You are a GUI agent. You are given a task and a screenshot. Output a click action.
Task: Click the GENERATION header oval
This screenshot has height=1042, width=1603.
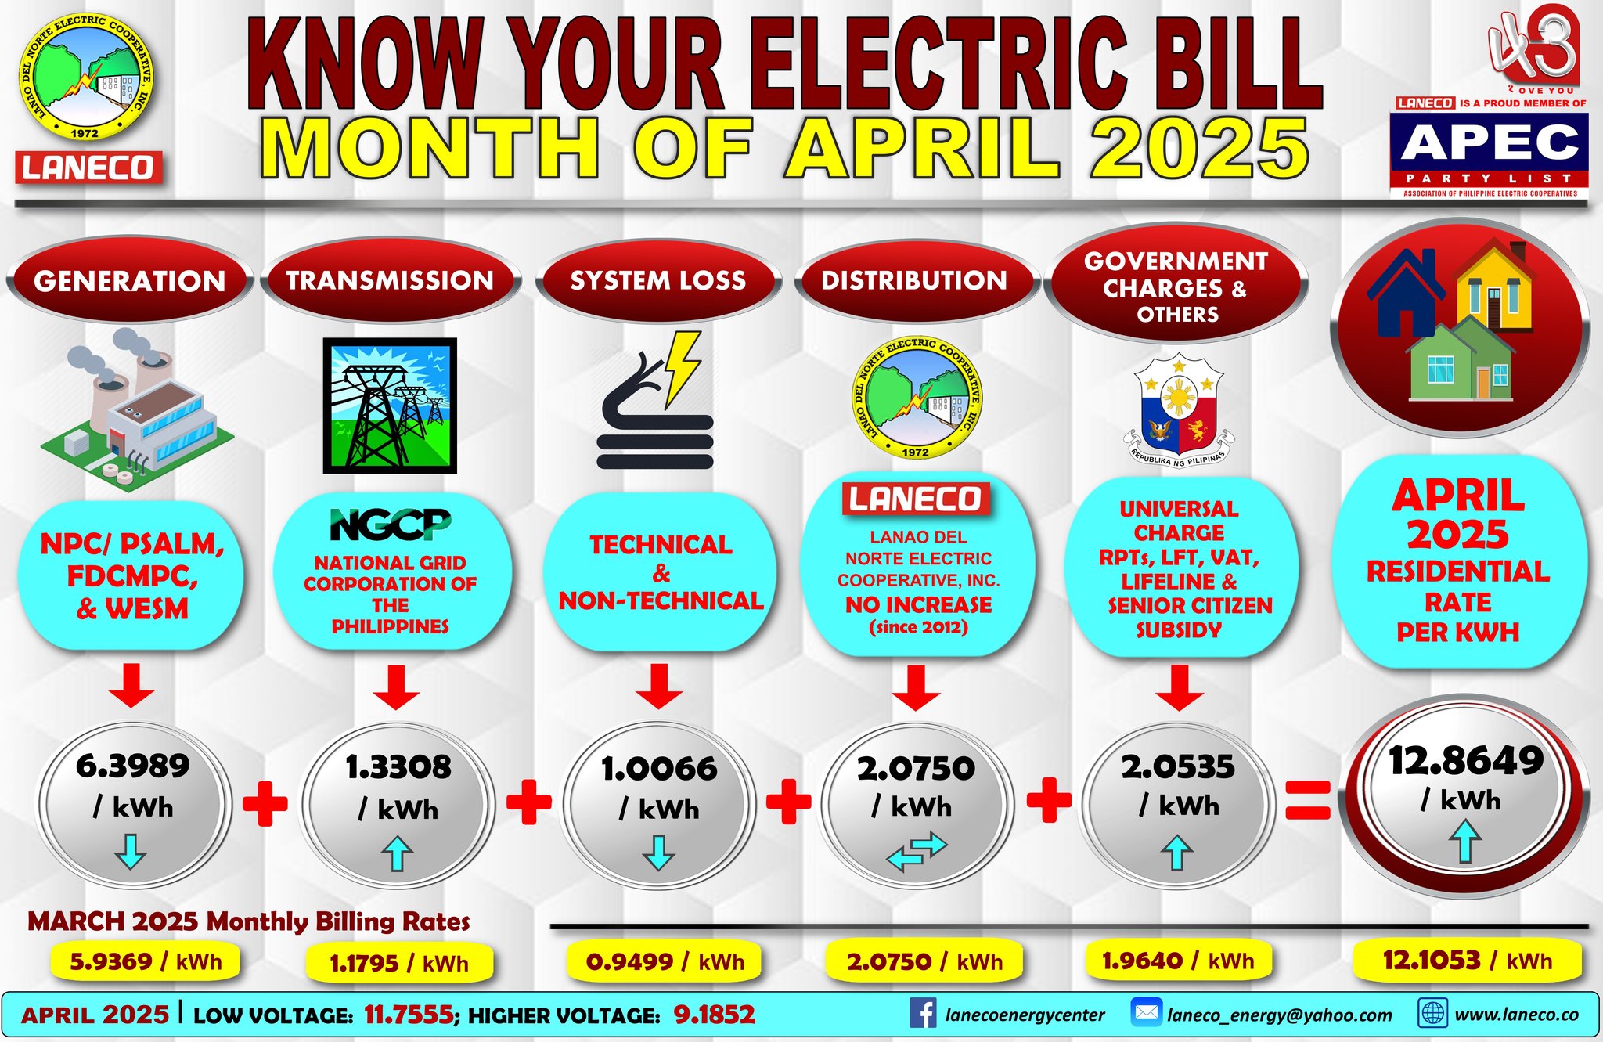tap(130, 280)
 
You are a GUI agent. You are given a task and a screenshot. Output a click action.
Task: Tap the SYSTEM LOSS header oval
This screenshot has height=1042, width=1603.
tap(658, 280)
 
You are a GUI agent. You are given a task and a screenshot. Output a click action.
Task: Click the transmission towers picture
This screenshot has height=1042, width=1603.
tap(390, 406)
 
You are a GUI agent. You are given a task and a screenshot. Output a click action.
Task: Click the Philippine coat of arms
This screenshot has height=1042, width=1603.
tap(1179, 410)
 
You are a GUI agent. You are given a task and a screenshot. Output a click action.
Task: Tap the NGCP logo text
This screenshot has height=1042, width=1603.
tap(391, 524)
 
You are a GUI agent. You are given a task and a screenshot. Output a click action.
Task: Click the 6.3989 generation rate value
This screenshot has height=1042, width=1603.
tap(133, 766)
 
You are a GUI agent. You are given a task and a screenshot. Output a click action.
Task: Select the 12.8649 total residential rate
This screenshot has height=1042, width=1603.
tap(1466, 760)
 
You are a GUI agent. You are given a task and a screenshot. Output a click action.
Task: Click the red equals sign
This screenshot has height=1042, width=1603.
tap(1308, 800)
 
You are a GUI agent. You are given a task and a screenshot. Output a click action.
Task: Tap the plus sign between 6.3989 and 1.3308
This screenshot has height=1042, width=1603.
tap(265, 803)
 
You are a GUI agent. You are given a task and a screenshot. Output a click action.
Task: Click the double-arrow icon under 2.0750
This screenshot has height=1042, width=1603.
tap(917, 852)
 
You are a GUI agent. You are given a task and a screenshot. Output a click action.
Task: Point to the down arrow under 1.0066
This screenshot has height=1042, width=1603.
tap(659, 852)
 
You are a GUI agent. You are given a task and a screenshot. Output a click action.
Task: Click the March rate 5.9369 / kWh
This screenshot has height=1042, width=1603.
tap(146, 961)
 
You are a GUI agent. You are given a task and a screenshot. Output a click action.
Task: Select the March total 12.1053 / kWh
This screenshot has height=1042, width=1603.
tap(1467, 960)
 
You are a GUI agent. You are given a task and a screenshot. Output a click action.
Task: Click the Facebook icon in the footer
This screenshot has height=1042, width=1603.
tap(924, 1014)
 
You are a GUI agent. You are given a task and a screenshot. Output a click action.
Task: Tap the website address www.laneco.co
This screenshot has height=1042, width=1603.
tap(1516, 1015)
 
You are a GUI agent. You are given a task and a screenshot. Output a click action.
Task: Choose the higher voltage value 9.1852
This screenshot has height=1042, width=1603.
tap(714, 1015)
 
